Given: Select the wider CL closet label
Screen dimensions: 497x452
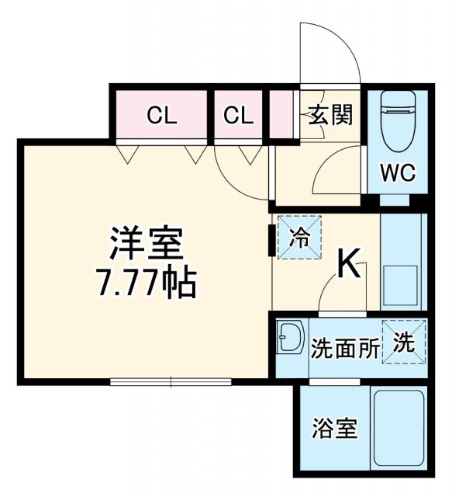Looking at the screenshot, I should tap(163, 116).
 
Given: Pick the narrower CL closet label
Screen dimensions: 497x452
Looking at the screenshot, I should tap(239, 116).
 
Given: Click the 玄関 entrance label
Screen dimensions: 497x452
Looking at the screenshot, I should tap(331, 116).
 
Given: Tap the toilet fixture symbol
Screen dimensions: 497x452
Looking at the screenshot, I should tap(398, 123).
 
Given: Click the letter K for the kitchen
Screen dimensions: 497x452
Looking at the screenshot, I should tap(349, 266).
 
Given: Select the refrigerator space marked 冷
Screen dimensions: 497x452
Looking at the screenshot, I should tap(299, 238).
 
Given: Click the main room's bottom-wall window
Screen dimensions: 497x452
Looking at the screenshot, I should tap(171, 381).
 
